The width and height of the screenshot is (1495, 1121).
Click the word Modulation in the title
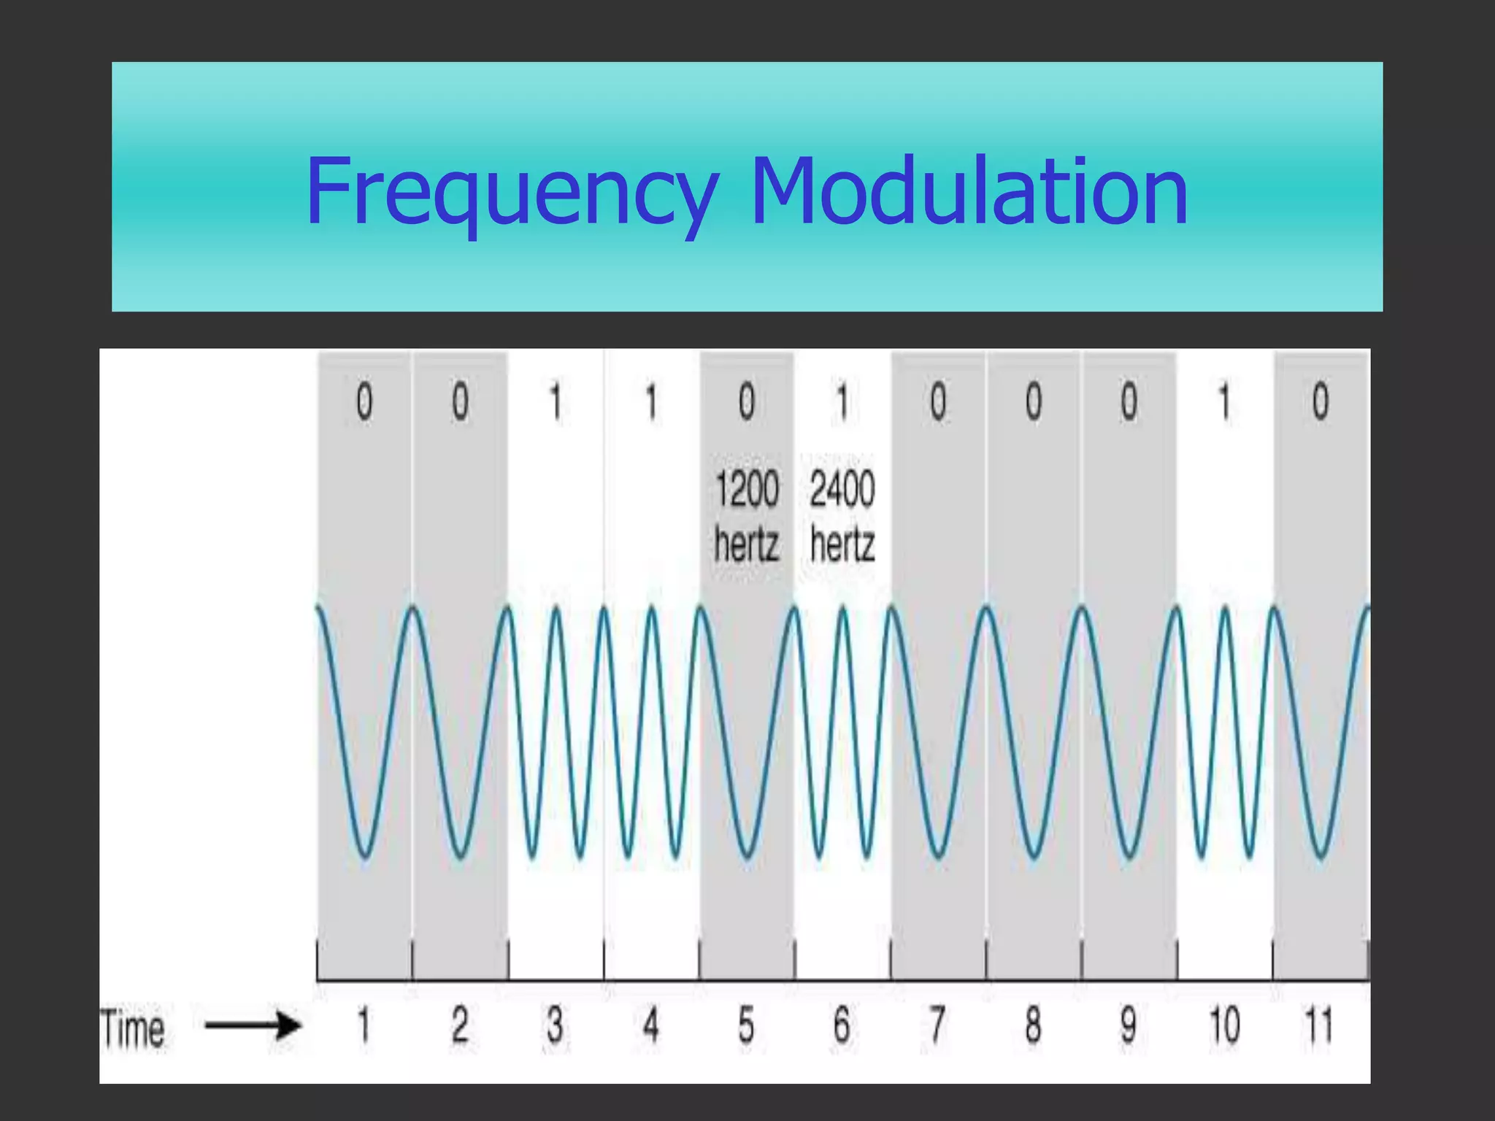[969, 191]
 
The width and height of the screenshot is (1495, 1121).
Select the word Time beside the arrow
[133, 1028]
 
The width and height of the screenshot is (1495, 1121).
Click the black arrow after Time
[253, 1025]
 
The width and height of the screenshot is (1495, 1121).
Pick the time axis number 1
[364, 1025]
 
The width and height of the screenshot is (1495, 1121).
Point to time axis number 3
[555, 1025]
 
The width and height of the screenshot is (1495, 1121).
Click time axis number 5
[745, 1025]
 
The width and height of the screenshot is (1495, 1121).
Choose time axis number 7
[937, 1025]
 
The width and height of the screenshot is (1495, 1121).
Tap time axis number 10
[1224, 1025]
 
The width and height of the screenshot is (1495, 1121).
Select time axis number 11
[1318, 1025]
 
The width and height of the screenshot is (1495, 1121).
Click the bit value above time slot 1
[364, 402]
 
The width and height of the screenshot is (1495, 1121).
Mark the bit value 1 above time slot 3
[556, 402]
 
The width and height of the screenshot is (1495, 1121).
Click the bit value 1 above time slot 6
[842, 402]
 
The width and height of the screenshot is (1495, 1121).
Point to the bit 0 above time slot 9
[1129, 402]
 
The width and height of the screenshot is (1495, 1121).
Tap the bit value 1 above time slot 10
[1225, 402]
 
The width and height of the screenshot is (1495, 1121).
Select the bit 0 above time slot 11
[1321, 402]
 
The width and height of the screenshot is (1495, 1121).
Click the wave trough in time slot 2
[460, 855]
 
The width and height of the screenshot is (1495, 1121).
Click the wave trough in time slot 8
[1034, 855]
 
